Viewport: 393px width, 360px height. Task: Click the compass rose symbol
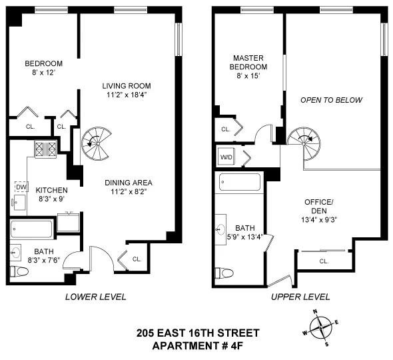pyautogui.click(x=322, y=328)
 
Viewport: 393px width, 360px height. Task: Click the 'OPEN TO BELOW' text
pyautogui.click(x=331, y=101)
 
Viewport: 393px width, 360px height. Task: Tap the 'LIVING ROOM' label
pyautogui.click(x=127, y=86)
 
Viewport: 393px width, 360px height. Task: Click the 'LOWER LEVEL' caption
pyautogui.click(x=95, y=297)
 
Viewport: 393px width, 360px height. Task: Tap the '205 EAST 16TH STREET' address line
pyautogui.click(x=198, y=333)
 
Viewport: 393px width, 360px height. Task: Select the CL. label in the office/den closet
pyautogui.click(x=324, y=261)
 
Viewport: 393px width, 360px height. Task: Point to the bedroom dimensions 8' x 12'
pyautogui.click(x=43, y=73)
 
